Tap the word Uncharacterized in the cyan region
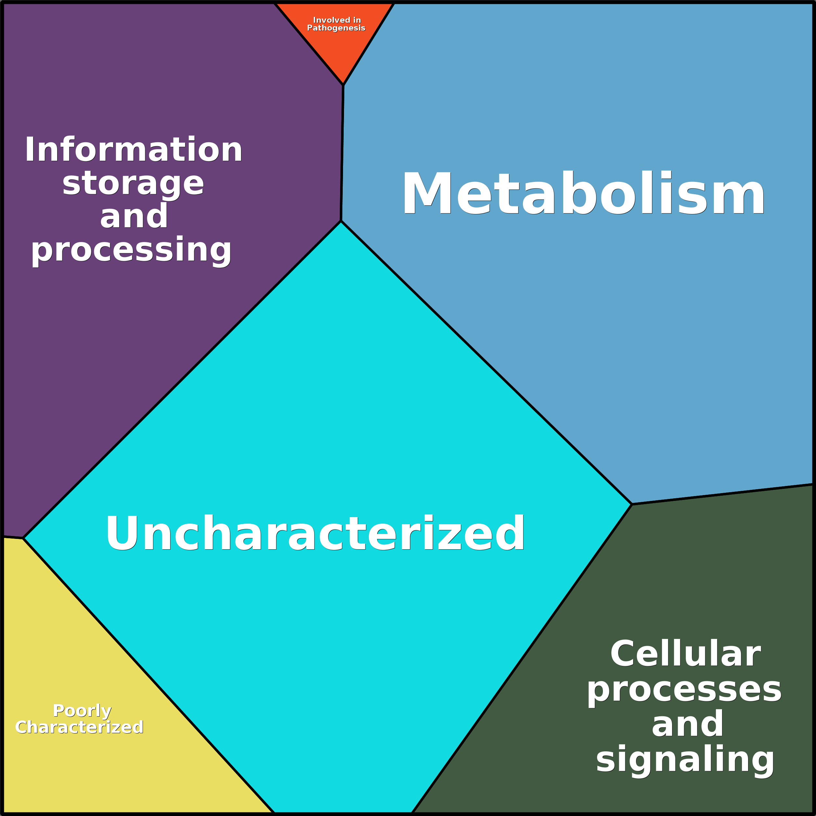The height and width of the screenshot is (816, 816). click(315, 533)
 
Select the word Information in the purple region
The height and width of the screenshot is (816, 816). click(134, 150)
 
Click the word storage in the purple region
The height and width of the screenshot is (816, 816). click(134, 184)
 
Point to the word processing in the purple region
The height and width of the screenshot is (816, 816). click(131, 250)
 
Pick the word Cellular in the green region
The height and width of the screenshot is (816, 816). click(685, 654)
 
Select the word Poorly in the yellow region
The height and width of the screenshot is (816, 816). click(83, 711)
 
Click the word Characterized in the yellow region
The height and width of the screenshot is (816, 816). click(79, 727)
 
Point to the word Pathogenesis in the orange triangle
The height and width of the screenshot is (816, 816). click(336, 28)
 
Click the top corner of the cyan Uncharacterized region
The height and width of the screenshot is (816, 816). click(341, 221)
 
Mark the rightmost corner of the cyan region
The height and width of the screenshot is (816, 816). click(631, 504)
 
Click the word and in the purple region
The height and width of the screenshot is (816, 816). click(134, 217)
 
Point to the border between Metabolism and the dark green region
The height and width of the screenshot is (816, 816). click(722, 495)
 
